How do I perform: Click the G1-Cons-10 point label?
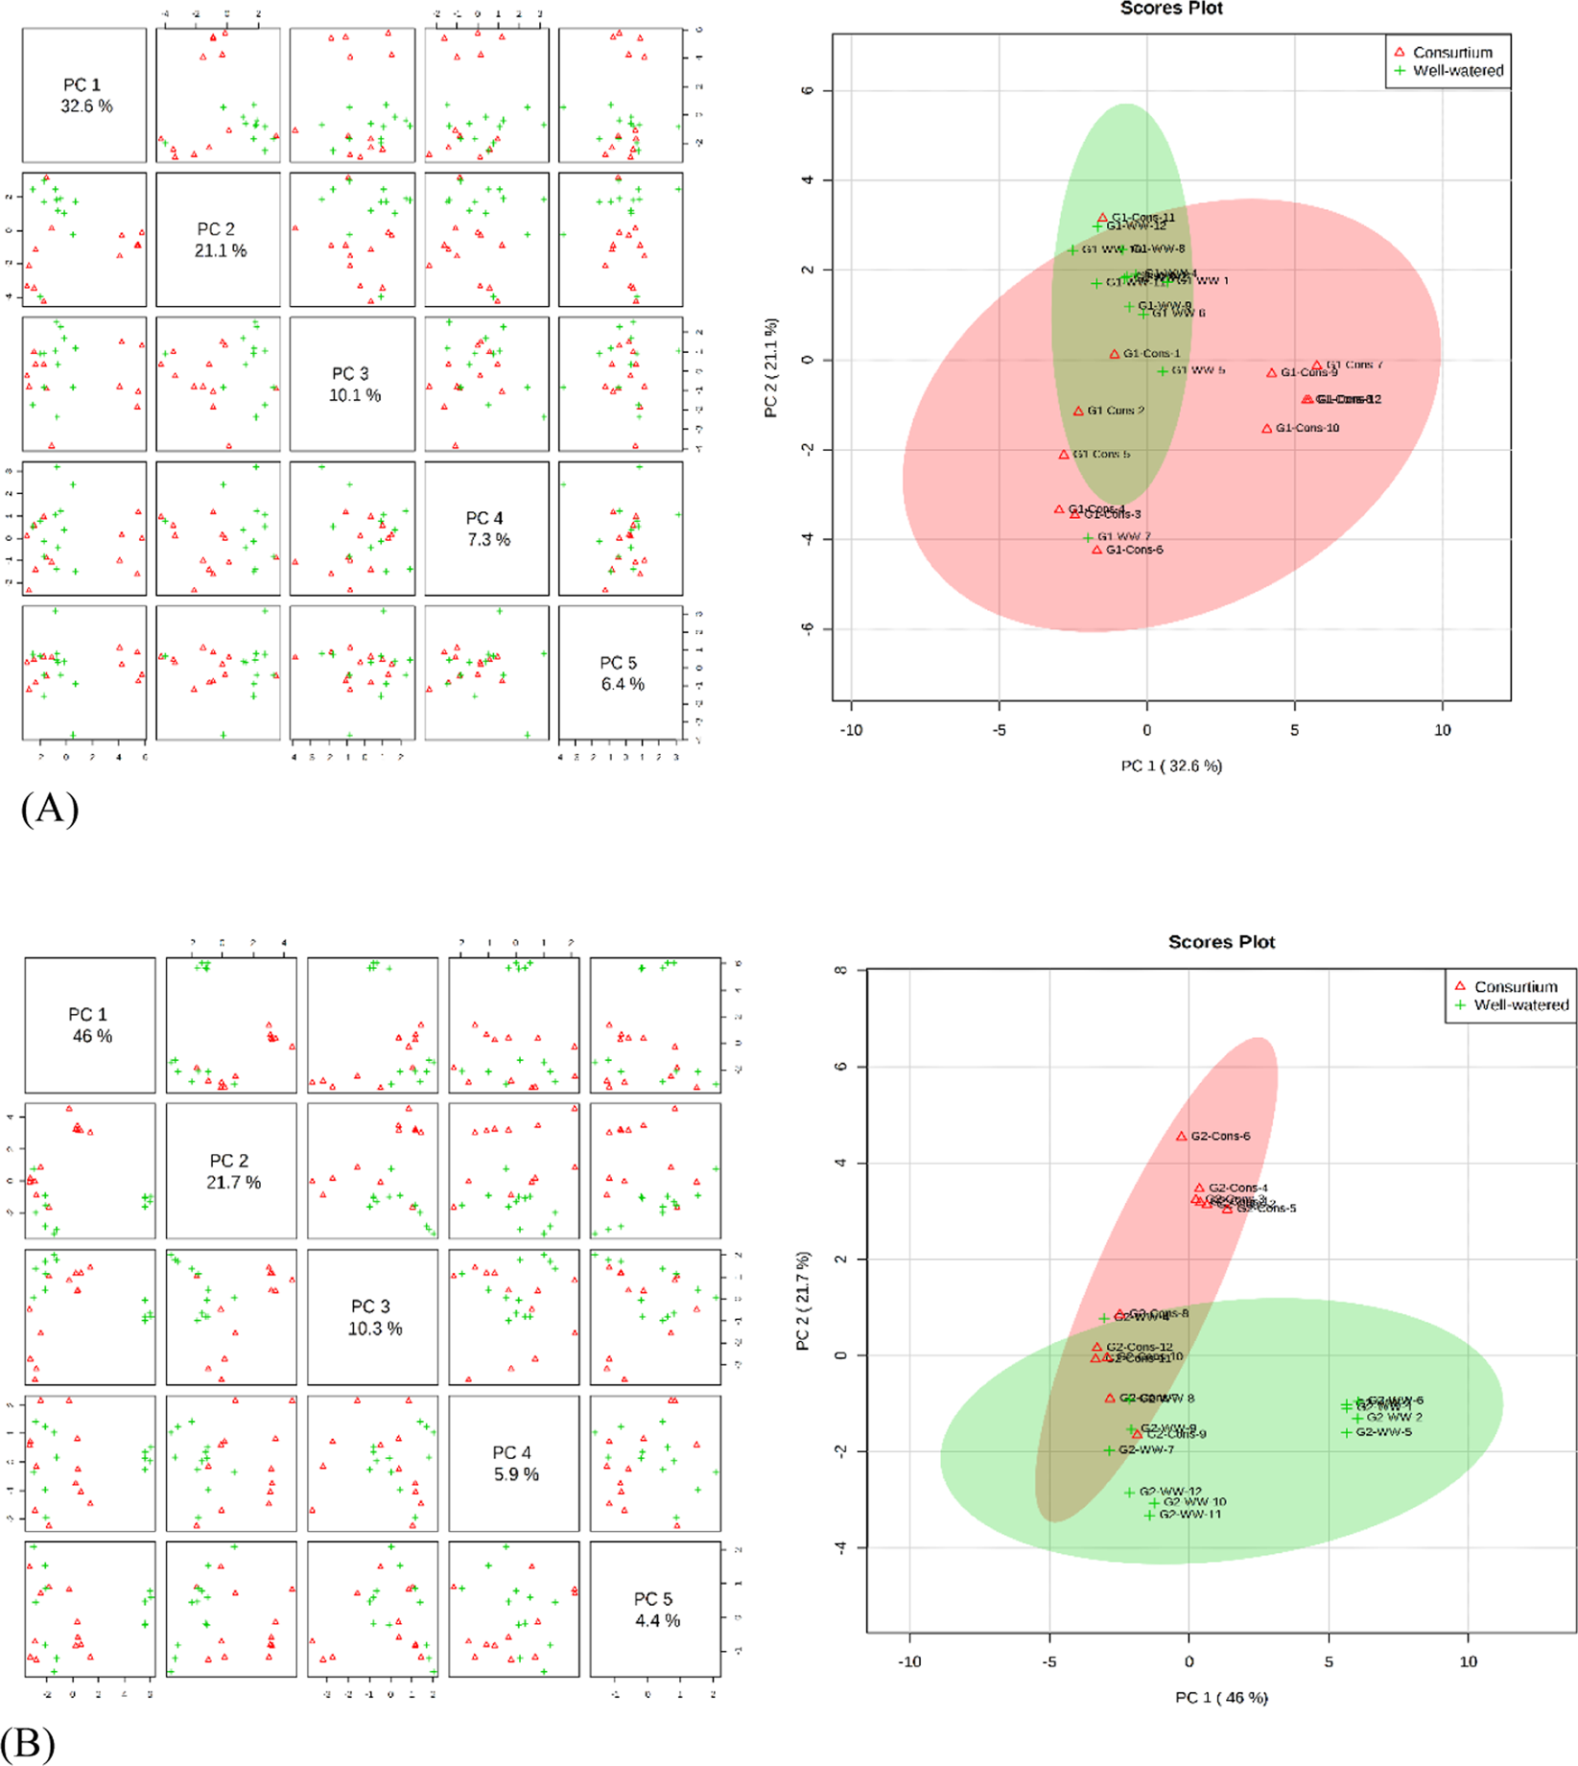1307,428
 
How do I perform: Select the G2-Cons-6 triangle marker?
1182,1137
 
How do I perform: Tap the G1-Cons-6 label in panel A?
1134,550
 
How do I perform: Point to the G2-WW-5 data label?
1383,1432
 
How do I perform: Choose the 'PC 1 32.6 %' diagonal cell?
85,95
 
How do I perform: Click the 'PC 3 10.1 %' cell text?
354,384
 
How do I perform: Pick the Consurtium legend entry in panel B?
1516,986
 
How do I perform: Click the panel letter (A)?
49,809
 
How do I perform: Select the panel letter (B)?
29,1744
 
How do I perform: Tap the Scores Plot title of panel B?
1221,942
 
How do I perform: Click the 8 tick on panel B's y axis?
841,970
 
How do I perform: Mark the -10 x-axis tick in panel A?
851,730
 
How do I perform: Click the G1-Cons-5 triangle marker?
1064,455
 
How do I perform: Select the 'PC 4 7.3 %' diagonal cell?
488,529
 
